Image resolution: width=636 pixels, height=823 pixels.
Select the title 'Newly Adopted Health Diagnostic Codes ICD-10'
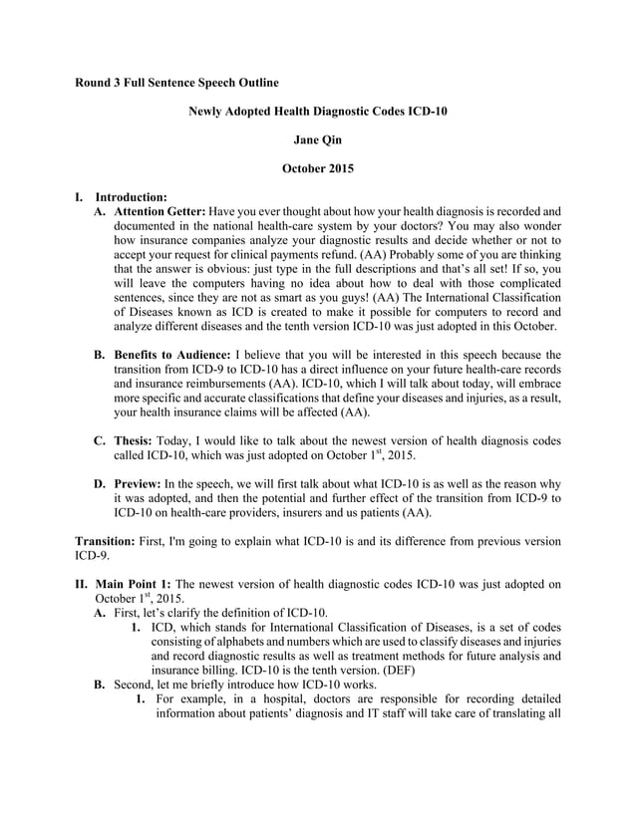click(x=318, y=112)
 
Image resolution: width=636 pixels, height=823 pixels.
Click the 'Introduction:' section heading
click(x=130, y=197)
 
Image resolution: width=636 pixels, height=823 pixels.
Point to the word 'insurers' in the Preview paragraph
click(x=333, y=512)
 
